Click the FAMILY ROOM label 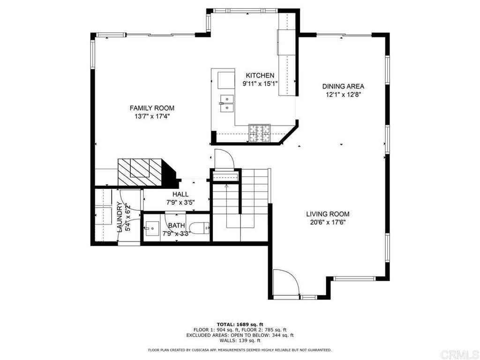tap(152, 108)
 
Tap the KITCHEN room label tap(260, 75)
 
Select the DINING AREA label tap(343, 86)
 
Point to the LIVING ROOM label tap(328, 214)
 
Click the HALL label tap(180, 194)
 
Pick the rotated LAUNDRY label tap(120, 217)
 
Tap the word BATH tap(177, 225)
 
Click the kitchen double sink tap(226, 104)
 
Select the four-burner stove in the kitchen tap(260, 134)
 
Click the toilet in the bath tap(199, 228)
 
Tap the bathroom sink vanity tap(151, 229)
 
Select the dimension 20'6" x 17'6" tap(328, 223)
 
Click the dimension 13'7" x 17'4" tap(152, 116)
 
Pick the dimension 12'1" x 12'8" tap(343, 95)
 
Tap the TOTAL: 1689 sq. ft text tap(240, 324)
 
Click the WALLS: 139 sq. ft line tap(240, 340)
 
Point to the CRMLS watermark tap(459, 354)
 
